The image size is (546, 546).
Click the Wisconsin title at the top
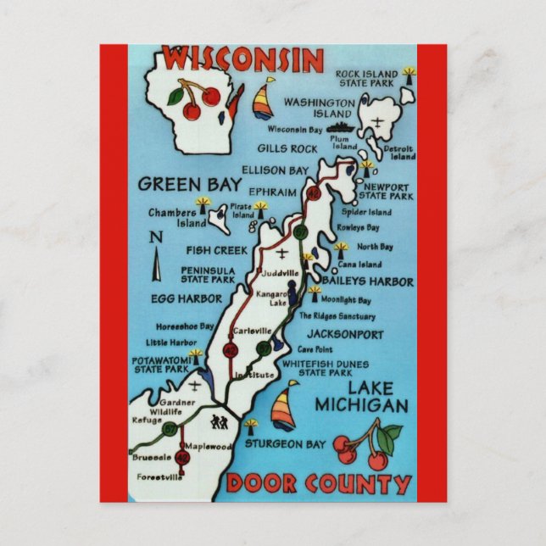[x=243, y=59]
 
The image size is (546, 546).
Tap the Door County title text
[x=318, y=484]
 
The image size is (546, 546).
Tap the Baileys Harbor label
[x=366, y=281]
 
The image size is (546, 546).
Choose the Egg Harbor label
[x=187, y=298]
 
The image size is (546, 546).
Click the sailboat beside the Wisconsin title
[x=264, y=98]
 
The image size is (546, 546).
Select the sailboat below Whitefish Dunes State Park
[x=283, y=407]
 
